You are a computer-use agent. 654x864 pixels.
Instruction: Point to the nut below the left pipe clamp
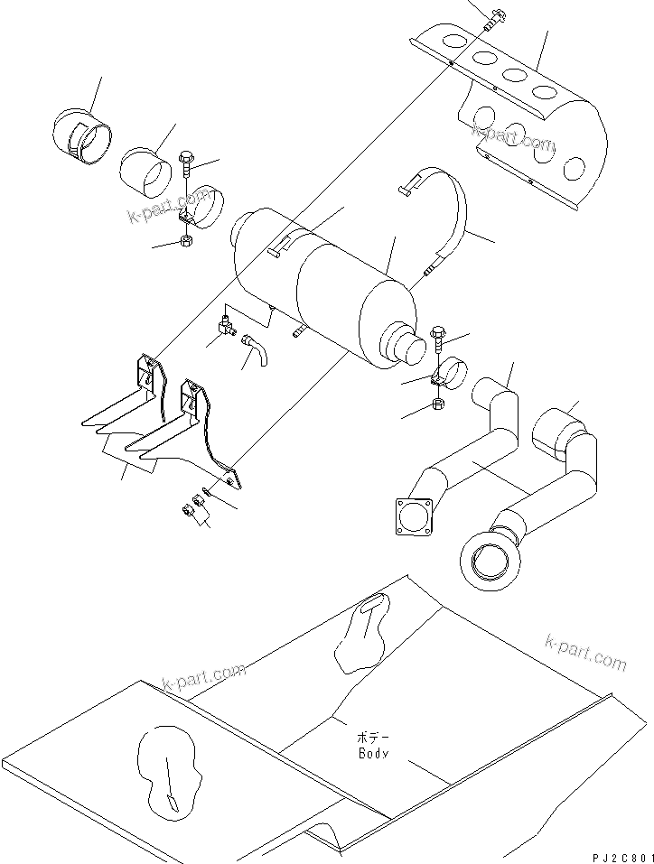pyautogui.click(x=184, y=241)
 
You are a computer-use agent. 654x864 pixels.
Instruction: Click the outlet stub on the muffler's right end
pyautogui.click(x=413, y=347)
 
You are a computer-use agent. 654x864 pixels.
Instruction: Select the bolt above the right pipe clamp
pyautogui.click(x=438, y=336)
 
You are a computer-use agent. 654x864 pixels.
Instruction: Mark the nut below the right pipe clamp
pyautogui.click(x=438, y=404)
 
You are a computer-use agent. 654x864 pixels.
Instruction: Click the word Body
pyautogui.click(x=372, y=752)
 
